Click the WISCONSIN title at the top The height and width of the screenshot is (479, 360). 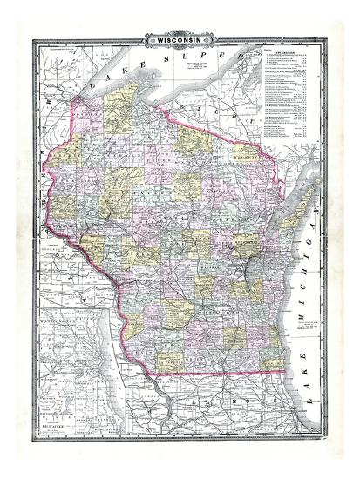tap(180, 40)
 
